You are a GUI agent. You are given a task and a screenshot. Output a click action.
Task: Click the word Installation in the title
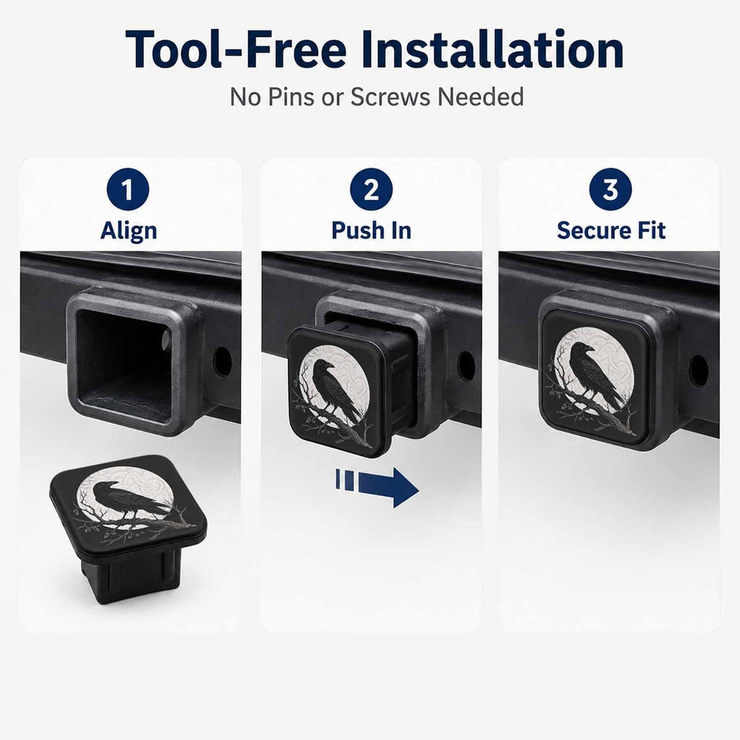[x=494, y=49]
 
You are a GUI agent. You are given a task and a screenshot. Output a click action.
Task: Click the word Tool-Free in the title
[x=236, y=49]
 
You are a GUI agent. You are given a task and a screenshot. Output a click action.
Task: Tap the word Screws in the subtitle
[x=390, y=97]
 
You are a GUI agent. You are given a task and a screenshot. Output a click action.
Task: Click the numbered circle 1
[x=128, y=189]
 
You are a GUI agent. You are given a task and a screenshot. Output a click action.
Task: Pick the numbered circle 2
[x=371, y=189]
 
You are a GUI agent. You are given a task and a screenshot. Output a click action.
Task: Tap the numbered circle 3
[x=610, y=189]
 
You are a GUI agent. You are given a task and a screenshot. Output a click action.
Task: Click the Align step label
[x=129, y=231]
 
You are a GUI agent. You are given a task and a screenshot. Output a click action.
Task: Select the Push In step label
[x=371, y=231]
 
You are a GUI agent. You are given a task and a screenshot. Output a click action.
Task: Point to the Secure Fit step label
[x=611, y=231]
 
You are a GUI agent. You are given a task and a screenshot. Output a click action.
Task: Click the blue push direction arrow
[x=377, y=487]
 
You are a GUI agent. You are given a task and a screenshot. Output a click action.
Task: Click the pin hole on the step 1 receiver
[x=222, y=362]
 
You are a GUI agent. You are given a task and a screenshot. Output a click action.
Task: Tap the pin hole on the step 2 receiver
[x=466, y=365]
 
